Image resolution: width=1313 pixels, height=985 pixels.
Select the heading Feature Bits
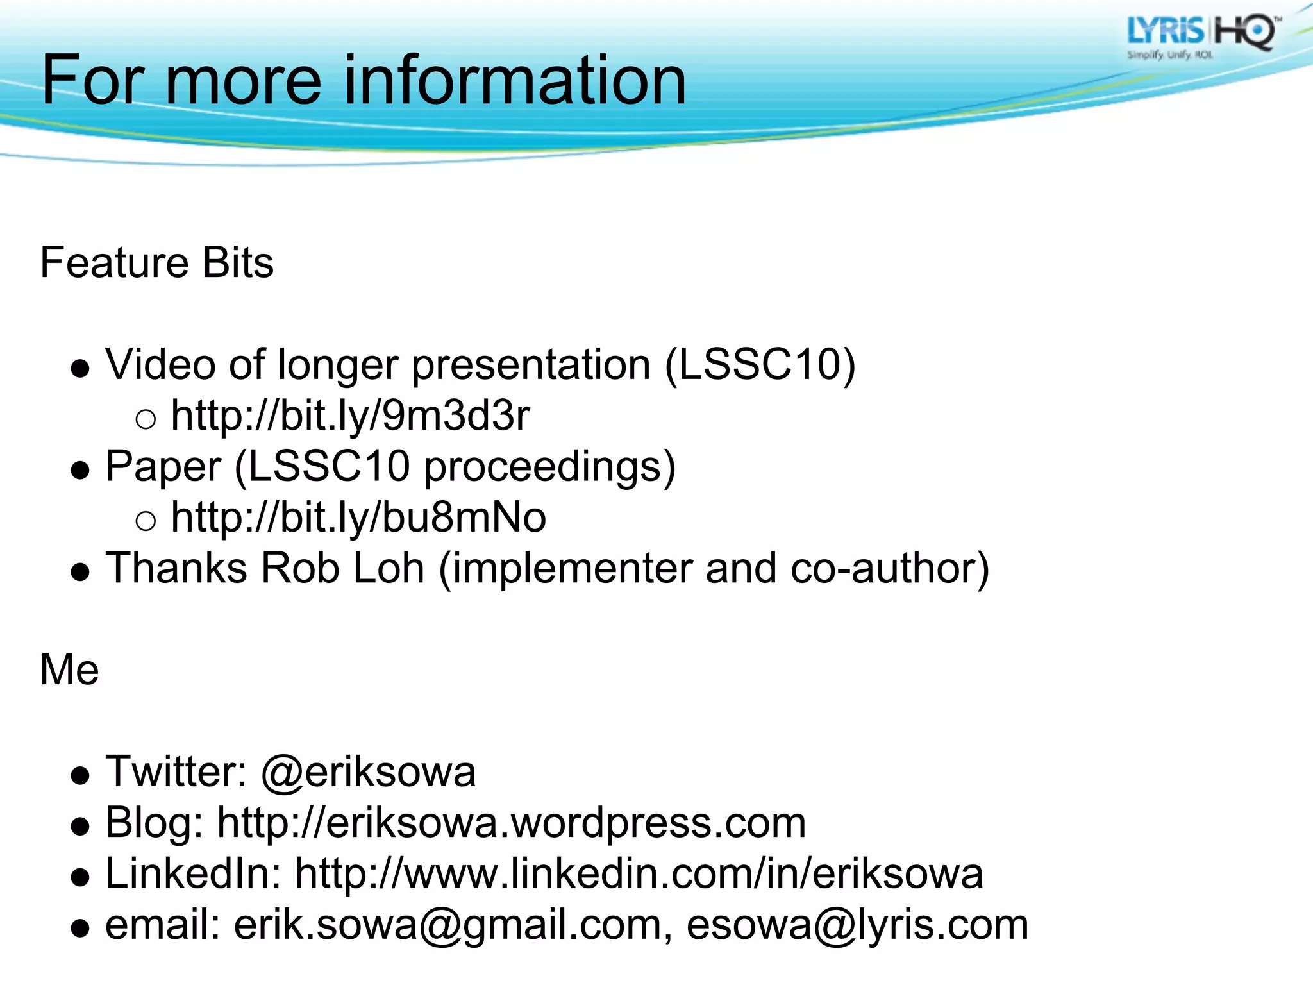(x=156, y=263)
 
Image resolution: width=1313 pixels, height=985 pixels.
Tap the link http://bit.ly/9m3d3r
(x=350, y=416)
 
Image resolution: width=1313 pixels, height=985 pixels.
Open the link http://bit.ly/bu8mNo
(x=358, y=518)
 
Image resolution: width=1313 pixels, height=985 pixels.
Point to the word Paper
(x=163, y=466)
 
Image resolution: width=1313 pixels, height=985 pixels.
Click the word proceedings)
(x=549, y=466)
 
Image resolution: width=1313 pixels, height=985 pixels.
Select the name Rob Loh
(x=342, y=568)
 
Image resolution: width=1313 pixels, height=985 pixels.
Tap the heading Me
(x=69, y=669)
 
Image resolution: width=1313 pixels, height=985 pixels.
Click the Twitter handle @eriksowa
(x=368, y=771)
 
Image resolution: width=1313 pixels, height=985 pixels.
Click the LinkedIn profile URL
(x=639, y=873)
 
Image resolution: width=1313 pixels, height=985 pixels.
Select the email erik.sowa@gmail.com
(x=447, y=925)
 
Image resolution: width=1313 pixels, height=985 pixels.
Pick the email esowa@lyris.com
(x=857, y=925)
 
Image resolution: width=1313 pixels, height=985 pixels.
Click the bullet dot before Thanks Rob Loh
(x=80, y=571)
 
